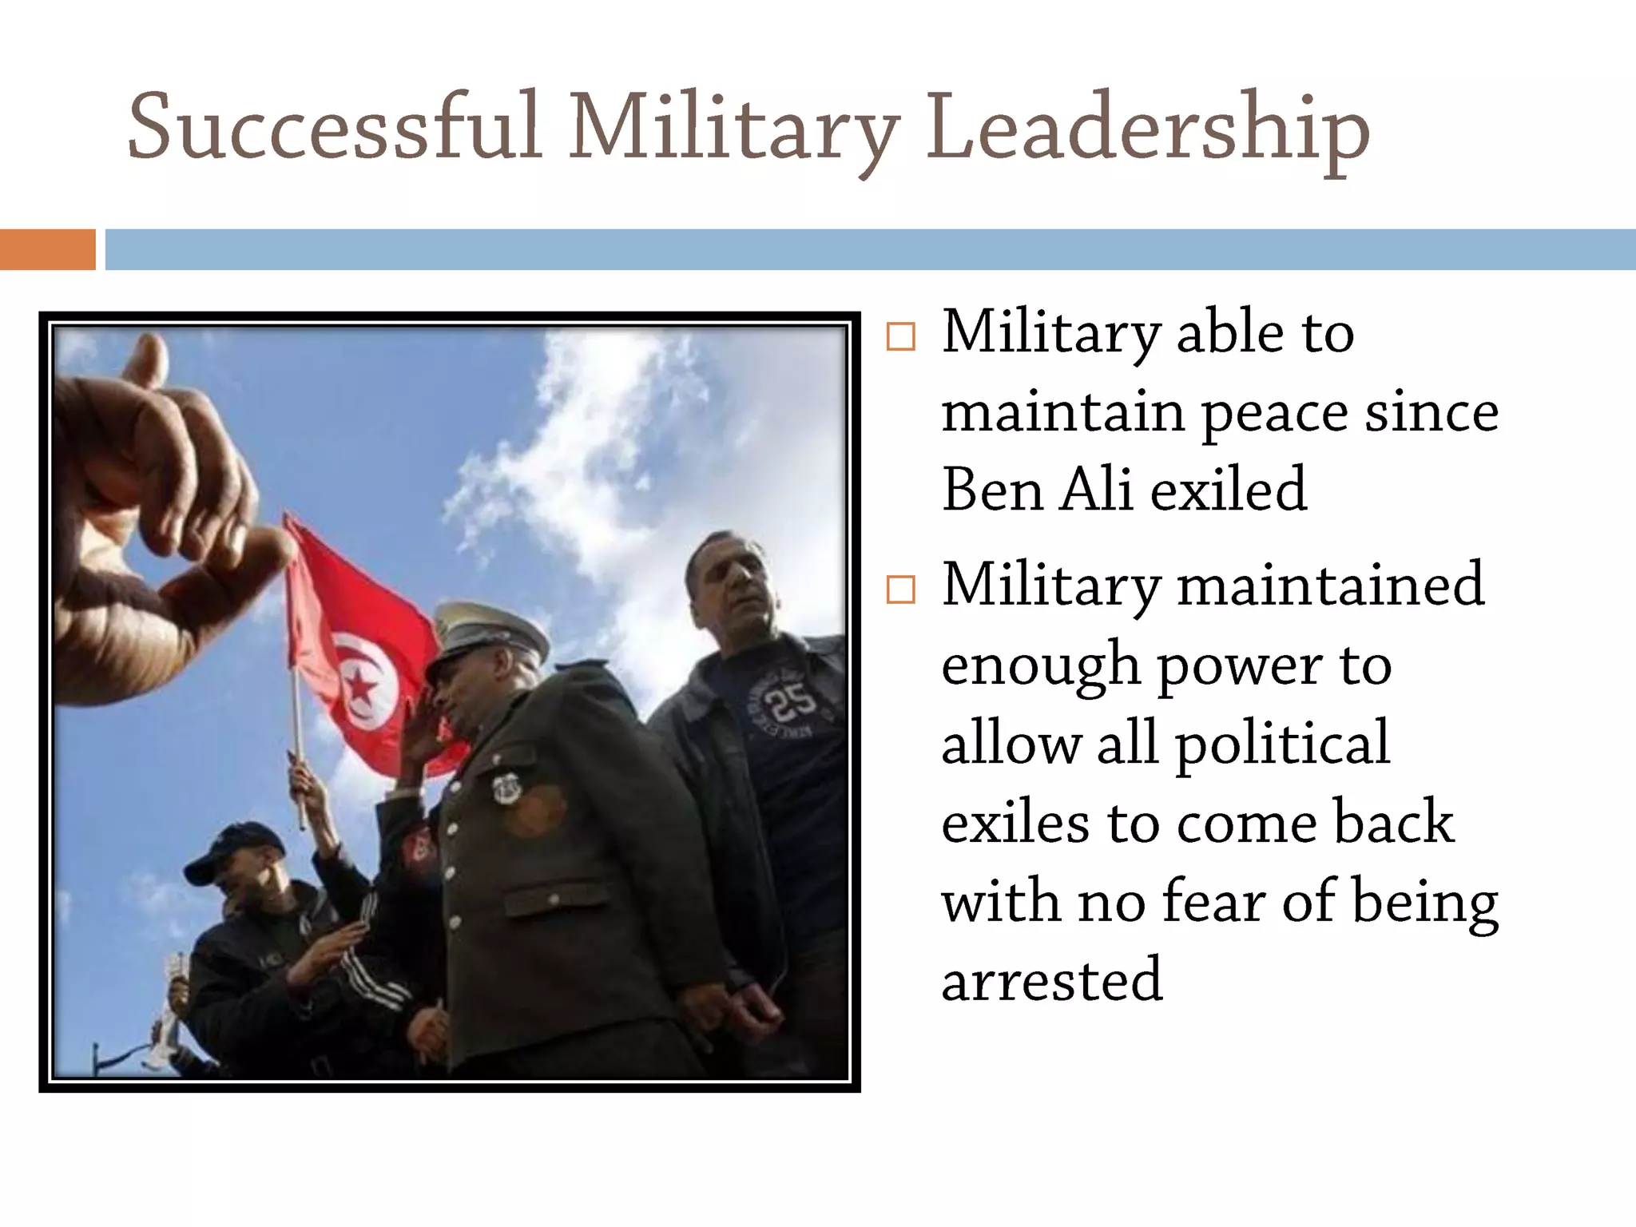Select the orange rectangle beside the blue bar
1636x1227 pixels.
[x=47, y=249]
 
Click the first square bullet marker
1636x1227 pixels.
[x=900, y=336]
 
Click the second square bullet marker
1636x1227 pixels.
[x=900, y=590]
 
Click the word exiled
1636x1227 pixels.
[x=1228, y=489]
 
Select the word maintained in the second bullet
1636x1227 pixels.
[x=1330, y=585]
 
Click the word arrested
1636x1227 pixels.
[x=1052, y=980]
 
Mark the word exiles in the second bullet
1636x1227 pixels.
[x=1015, y=823]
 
